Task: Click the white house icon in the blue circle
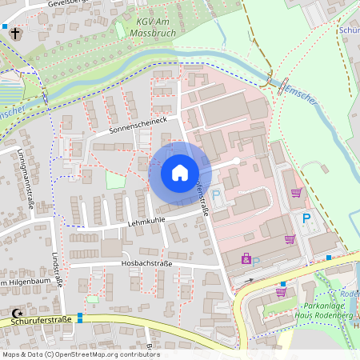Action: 180,173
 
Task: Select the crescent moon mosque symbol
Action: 17,314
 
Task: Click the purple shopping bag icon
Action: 246,258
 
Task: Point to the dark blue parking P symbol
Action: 305,218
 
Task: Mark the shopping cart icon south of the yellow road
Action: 281,292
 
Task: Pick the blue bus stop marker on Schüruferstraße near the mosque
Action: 80,318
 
